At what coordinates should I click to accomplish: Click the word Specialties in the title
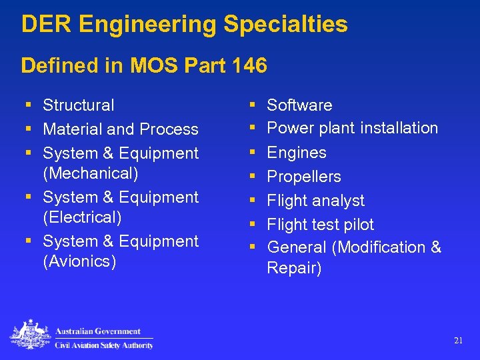(x=285, y=25)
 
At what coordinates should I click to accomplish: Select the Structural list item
(x=79, y=105)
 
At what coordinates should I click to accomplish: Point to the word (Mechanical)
(x=91, y=173)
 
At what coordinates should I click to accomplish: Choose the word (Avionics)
(x=79, y=261)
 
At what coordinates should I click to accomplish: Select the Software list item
(x=299, y=105)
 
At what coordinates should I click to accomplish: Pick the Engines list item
(x=297, y=153)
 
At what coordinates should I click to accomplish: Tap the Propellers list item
(x=304, y=177)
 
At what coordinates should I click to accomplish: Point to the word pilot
(x=356, y=225)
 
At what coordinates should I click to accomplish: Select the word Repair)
(x=294, y=269)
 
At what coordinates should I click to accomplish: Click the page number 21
(x=458, y=340)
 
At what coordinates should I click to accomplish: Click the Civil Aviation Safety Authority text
(x=104, y=345)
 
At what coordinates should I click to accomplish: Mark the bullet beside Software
(x=253, y=105)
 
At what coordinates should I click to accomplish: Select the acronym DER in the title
(x=47, y=25)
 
